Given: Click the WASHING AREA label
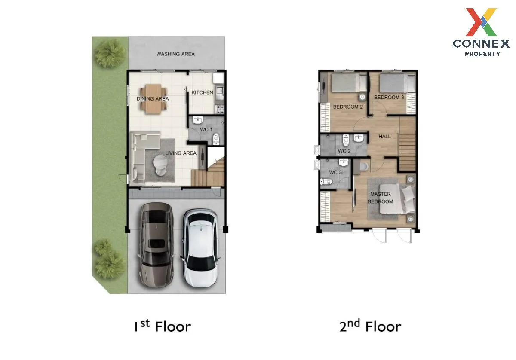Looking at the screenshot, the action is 175,54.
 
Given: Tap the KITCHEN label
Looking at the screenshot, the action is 202,92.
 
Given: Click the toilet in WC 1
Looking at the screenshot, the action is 216,139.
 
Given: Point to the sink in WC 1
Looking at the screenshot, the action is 198,120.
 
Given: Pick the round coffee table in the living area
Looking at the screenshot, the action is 160,165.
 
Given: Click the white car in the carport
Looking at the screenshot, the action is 200,248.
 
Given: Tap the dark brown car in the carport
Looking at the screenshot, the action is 157,245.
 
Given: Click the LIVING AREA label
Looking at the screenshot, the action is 181,153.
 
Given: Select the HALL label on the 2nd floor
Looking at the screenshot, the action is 384,137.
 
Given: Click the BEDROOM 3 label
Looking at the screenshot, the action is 389,98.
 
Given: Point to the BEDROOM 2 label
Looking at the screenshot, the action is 348,107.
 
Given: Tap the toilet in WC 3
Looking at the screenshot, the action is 326,182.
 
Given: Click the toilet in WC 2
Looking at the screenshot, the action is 346,140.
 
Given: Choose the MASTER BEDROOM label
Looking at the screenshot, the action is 380,198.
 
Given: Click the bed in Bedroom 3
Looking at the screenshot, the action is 397,82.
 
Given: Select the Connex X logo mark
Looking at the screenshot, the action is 481,22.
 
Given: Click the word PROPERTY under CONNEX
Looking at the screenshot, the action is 482,54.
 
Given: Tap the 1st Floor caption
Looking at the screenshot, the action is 163,326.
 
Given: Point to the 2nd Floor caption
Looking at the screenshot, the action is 370,326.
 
